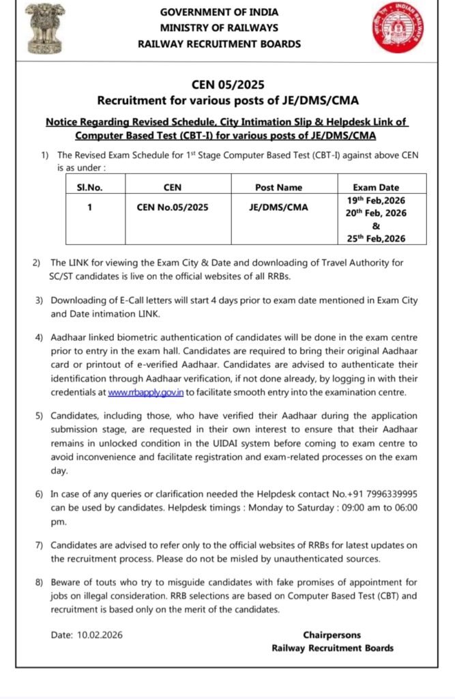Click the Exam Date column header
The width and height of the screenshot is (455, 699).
click(376, 187)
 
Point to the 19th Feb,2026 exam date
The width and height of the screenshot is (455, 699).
click(376, 201)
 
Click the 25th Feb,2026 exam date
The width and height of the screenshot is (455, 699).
click(376, 238)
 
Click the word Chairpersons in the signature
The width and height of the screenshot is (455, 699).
click(332, 635)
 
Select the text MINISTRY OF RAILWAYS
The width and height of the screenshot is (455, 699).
click(219, 28)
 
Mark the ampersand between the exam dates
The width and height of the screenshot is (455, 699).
click(376, 226)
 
